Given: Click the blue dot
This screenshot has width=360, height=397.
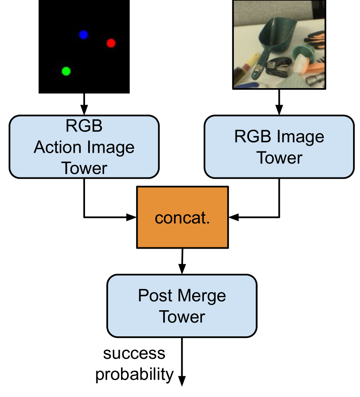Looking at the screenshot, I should pyautogui.click(x=84, y=35).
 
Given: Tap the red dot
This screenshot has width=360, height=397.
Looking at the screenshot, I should pyautogui.click(x=111, y=43).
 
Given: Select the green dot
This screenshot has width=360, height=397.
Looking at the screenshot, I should pyautogui.click(x=66, y=71).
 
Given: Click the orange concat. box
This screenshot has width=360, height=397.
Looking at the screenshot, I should pyautogui.click(x=182, y=217).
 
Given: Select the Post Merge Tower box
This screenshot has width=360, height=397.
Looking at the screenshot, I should pyautogui.click(x=182, y=306).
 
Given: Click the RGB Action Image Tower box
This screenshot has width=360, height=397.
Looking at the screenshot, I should pyautogui.click(x=84, y=147).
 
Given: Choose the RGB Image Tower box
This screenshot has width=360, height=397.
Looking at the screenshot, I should pyautogui.click(x=279, y=147).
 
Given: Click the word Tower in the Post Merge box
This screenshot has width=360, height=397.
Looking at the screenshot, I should pyautogui.click(x=182, y=317).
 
